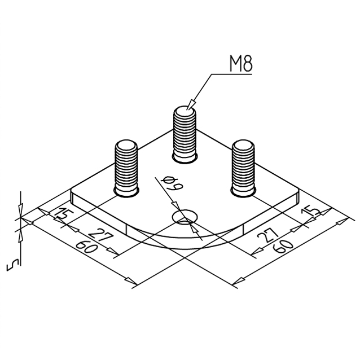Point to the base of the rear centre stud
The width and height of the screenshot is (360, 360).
tap(185, 159)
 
